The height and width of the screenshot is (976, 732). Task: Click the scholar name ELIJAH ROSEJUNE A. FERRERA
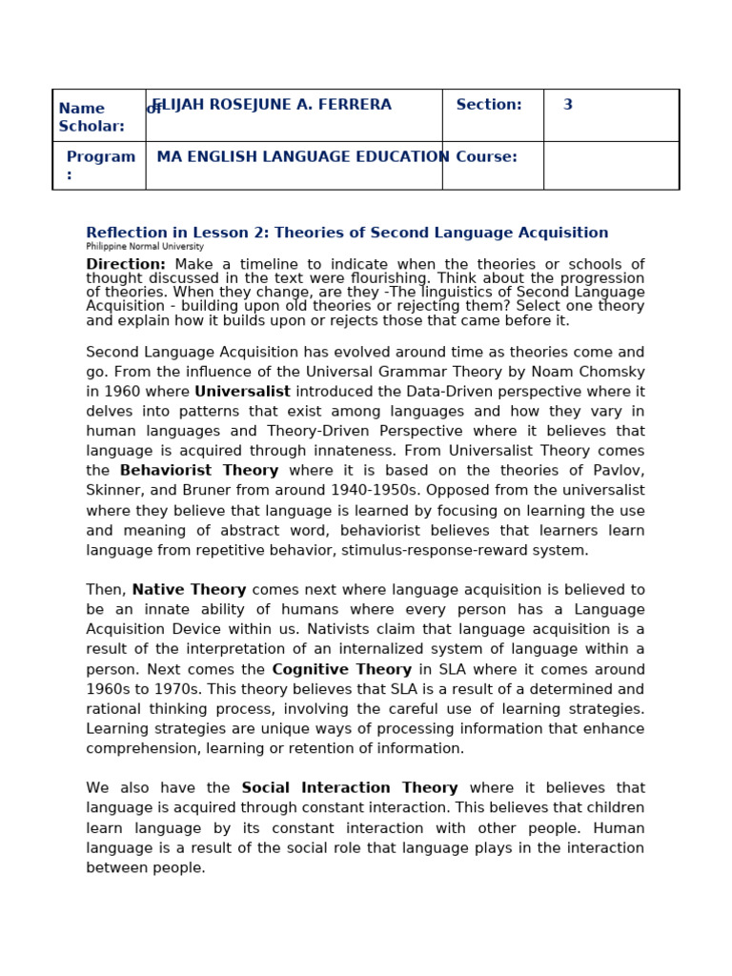(273, 105)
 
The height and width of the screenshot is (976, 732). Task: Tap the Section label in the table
(488, 105)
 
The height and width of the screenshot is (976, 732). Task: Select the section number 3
(568, 105)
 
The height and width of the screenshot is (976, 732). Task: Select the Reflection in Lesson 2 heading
(347, 234)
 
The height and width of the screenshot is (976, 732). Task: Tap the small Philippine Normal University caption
(145, 247)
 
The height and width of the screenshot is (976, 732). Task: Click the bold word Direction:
(126, 265)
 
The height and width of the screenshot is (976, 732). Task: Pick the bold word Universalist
(242, 392)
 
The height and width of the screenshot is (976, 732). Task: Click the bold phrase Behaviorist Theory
(199, 471)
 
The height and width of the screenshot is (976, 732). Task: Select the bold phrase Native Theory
(189, 590)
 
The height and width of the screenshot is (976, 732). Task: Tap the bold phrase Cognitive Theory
(342, 670)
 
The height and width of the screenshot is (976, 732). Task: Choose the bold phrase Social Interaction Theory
(350, 788)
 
